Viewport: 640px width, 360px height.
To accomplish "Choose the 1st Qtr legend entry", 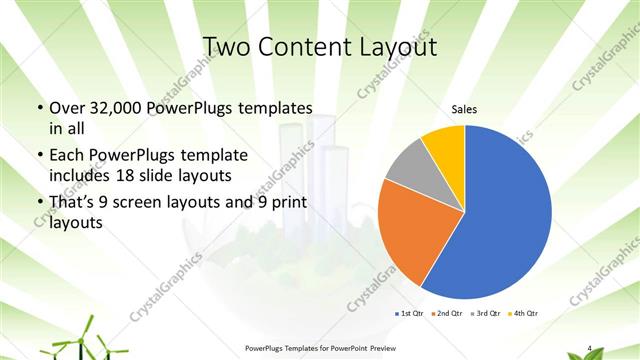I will point(411,314).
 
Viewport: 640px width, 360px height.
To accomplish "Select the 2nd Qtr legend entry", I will point(447,314).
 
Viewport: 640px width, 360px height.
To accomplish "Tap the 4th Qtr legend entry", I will point(522,314).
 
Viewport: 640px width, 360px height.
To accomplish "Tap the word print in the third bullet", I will point(282,203).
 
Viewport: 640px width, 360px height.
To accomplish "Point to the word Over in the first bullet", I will point(69,108).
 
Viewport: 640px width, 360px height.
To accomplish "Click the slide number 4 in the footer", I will point(590,348).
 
